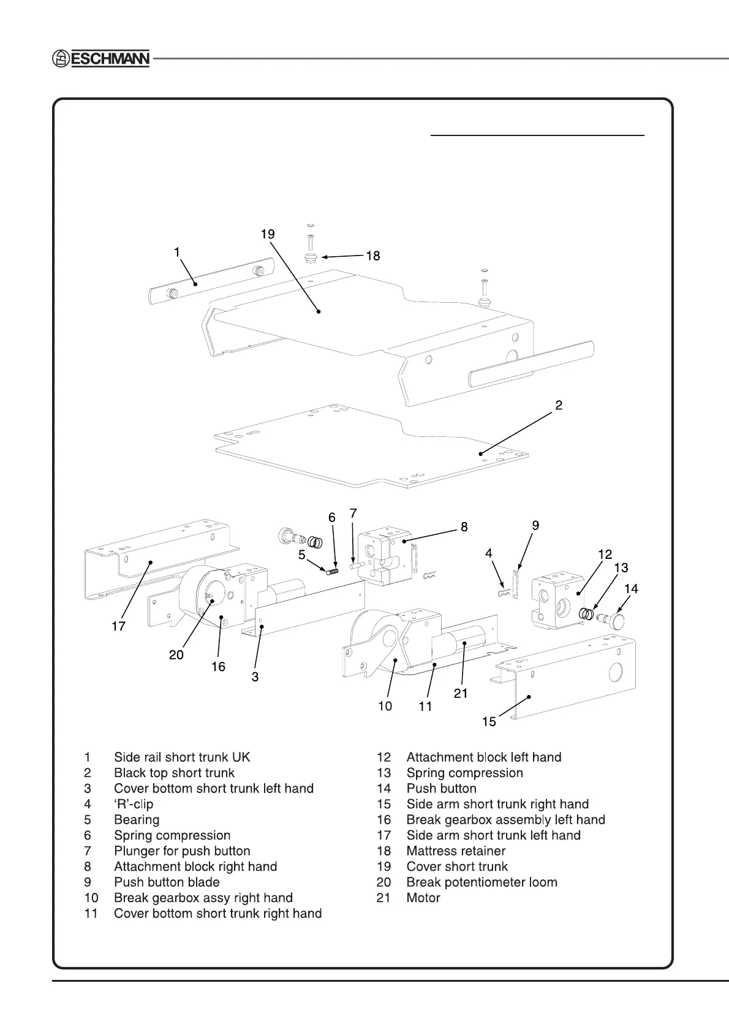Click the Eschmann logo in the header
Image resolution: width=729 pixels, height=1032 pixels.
100,59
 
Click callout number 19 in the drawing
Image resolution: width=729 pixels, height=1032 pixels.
267,234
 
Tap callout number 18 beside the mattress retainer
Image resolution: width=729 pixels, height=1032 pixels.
372,256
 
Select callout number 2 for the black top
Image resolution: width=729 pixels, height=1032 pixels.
559,405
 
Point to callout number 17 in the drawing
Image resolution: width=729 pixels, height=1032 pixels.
118,626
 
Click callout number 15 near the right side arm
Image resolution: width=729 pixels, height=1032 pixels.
489,721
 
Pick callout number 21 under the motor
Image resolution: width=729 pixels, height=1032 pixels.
461,693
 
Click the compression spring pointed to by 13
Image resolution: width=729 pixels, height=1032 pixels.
587,613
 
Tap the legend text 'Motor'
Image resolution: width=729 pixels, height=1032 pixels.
423,898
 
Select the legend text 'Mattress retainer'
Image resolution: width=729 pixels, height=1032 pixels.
456,851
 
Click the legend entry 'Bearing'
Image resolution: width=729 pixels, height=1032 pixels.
137,819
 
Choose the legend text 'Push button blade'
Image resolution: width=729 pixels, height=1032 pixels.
167,882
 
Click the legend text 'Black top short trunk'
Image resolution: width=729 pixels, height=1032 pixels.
174,773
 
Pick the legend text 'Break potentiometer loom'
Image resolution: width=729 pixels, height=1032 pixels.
482,882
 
